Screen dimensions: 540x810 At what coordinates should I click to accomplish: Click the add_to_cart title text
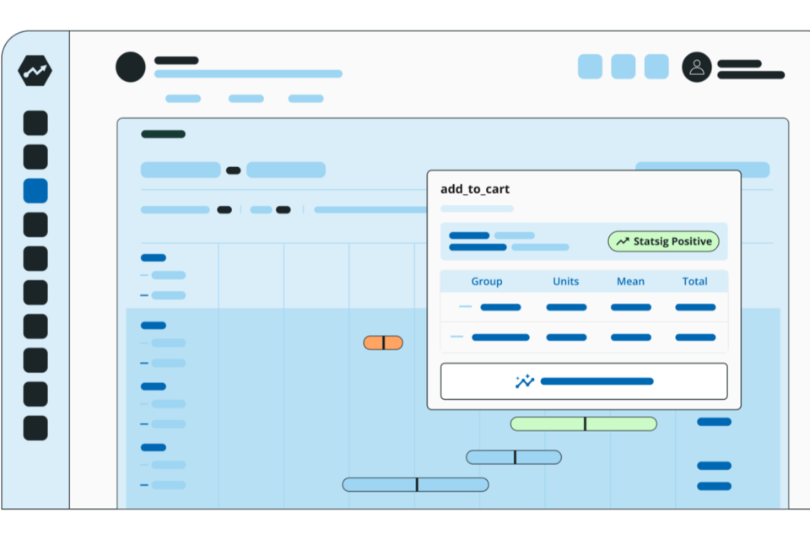[x=475, y=190]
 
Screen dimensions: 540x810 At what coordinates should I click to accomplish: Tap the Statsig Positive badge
[x=663, y=241]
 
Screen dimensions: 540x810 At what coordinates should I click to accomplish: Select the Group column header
[x=487, y=282]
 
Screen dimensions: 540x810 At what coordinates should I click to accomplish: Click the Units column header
[x=565, y=282]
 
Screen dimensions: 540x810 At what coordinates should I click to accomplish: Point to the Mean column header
[x=630, y=282]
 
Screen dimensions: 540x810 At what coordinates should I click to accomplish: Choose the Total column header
[x=694, y=282]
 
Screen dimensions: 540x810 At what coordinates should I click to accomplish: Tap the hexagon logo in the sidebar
[x=35, y=72]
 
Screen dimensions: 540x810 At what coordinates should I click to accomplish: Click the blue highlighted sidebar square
[x=35, y=191]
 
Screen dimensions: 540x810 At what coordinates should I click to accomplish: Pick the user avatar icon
[x=697, y=67]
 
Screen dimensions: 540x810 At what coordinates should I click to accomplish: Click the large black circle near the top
[x=131, y=67]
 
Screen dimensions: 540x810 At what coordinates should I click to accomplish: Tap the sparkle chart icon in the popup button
[x=525, y=381]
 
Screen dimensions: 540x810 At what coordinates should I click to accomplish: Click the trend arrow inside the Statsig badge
[x=623, y=241]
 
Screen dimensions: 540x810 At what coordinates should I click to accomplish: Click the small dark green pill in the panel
[x=163, y=134]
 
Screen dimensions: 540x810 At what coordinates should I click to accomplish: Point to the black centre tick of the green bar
[x=585, y=424]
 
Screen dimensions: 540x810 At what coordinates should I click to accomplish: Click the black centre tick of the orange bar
[x=383, y=343]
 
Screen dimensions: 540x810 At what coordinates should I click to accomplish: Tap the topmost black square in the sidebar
[x=35, y=123]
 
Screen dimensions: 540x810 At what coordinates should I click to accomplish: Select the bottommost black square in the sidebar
[x=35, y=428]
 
